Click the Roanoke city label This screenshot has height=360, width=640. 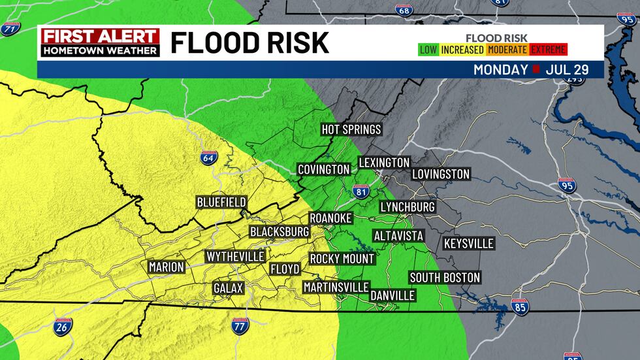pos(330,218)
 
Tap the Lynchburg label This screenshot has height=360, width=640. pos(408,207)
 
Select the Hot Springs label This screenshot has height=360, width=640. pos(351,129)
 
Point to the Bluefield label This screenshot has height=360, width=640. pos(221,202)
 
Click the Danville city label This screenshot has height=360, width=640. pos(392,295)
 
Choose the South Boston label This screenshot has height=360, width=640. pos(445,278)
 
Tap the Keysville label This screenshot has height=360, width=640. pos(469,244)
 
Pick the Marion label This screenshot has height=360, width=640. pos(167,267)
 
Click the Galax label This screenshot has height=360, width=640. pos(229,288)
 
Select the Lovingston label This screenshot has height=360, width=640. pos(441,174)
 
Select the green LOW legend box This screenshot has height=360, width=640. pos(428,50)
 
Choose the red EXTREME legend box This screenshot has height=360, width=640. pos(549,50)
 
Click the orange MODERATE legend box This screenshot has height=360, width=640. pos(507,50)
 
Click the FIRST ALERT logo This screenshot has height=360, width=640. pos(99,42)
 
